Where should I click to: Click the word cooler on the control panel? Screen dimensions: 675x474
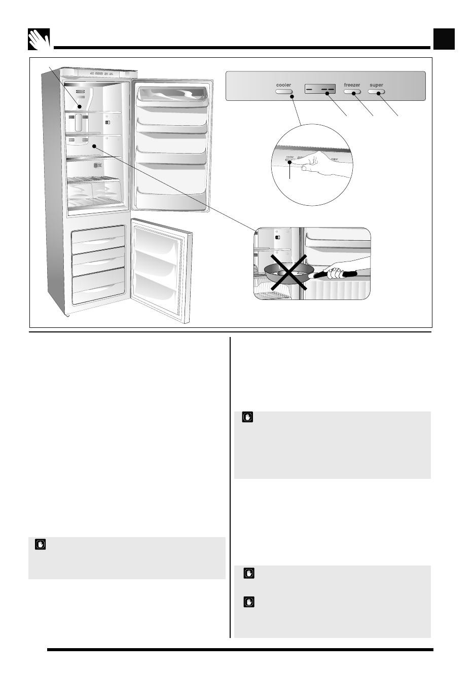[x=284, y=85]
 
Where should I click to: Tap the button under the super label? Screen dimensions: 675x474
[x=377, y=92]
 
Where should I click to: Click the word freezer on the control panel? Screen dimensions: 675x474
[x=352, y=85]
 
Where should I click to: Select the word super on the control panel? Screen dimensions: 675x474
[x=377, y=85]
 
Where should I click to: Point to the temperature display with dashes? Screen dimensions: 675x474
[x=320, y=90]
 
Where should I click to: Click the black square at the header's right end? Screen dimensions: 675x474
[x=444, y=39]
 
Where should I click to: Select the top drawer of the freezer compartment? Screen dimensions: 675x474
[x=98, y=238]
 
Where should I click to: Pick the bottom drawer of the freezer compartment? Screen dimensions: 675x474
[x=98, y=289]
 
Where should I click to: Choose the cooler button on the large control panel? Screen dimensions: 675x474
[x=284, y=92]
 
